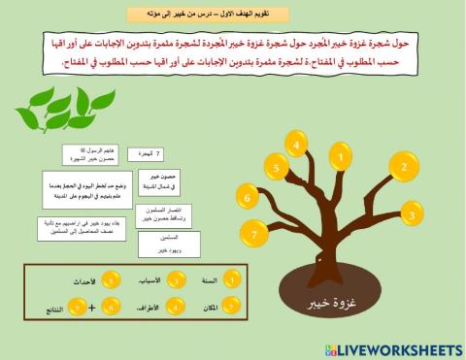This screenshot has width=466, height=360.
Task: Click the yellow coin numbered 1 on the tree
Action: click(x=341, y=154)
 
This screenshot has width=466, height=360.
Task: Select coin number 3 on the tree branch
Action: click(x=412, y=213)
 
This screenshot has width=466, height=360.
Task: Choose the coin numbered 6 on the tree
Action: click(x=248, y=198)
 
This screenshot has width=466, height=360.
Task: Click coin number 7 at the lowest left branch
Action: click(x=254, y=234)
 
